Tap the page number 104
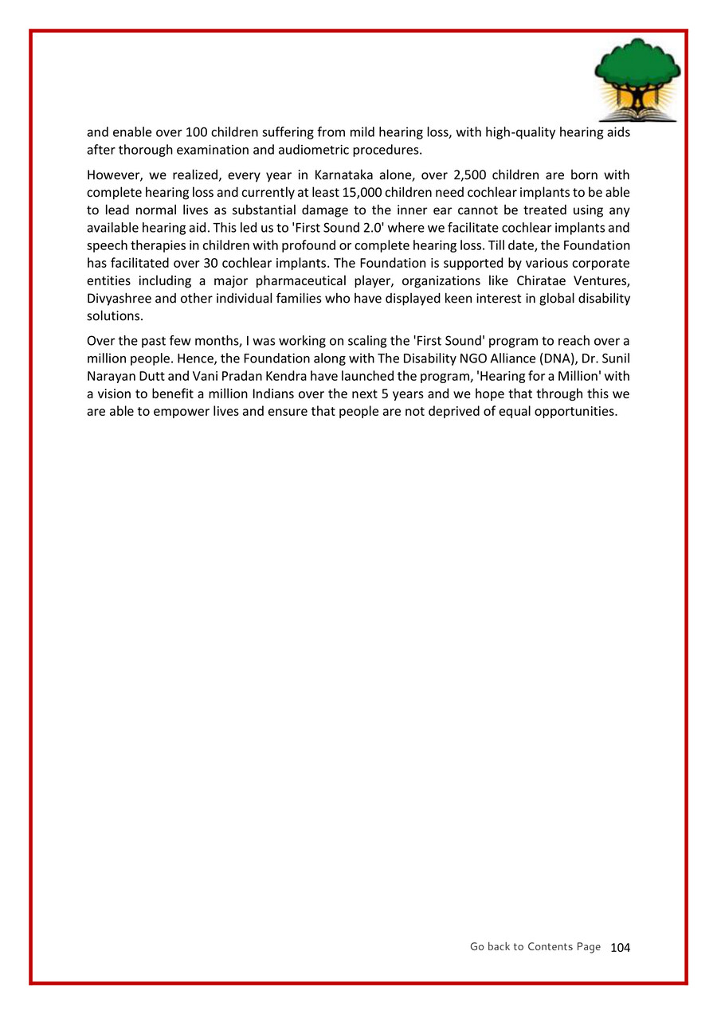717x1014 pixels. click(620, 947)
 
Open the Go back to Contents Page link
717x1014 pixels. click(535, 946)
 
